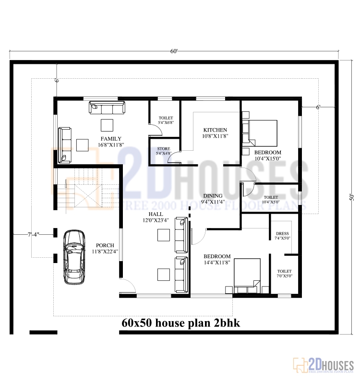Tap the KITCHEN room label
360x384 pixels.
(215, 130)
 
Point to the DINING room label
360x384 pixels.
(213, 196)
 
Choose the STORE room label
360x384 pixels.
(164, 149)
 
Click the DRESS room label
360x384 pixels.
(283, 233)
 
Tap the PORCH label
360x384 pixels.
(105, 245)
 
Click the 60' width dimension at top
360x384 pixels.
(173, 51)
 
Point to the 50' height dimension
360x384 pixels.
(351, 197)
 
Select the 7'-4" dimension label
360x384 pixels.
(34, 234)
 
